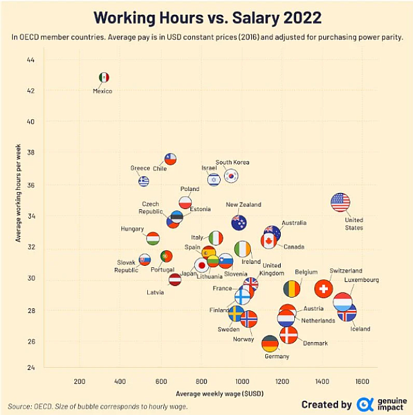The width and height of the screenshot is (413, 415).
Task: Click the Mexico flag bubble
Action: (x=104, y=77)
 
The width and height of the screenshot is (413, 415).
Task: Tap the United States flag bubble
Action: (x=340, y=202)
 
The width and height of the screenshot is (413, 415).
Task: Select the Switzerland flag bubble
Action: (x=324, y=288)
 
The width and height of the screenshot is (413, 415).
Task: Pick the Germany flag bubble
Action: (x=270, y=343)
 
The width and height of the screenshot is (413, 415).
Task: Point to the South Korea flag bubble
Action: (x=231, y=176)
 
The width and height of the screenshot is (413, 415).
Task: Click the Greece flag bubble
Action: (x=143, y=181)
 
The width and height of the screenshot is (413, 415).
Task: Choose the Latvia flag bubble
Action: (x=175, y=279)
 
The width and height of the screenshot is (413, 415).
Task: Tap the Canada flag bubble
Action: (x=268, y=241)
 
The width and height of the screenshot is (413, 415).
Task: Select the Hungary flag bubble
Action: (x=153, y=239)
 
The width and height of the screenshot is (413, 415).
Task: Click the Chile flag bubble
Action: (x=170, y=159)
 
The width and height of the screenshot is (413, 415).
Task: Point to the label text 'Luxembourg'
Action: (x=361, y=280)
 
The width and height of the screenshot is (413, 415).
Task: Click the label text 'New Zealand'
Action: (x=243, y=205)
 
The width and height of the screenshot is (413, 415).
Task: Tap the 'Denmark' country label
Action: (x=315, y=343)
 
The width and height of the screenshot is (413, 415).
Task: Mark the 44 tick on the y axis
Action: (x=30, y=60)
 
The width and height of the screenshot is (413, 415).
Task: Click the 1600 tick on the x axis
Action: (x=361, y=381)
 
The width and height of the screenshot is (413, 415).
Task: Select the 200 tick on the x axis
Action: (x=80, y=381)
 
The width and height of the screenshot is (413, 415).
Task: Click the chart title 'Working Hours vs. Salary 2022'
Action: (x=207, y=17)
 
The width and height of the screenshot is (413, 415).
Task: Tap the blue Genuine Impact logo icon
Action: (x=365, y=404)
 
